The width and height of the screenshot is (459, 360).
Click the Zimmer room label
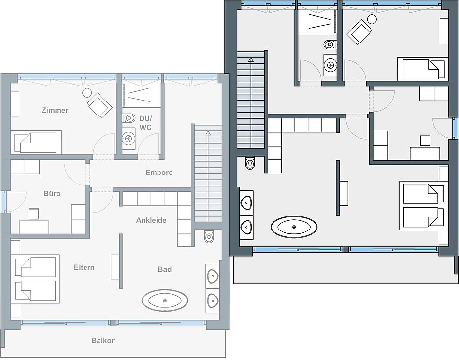55,110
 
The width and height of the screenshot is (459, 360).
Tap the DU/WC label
145,123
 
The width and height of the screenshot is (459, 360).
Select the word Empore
159,173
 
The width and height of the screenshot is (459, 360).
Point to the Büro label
52,193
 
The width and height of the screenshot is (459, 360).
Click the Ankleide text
151,220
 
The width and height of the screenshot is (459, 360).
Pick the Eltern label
84,267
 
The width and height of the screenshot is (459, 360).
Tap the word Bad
164,269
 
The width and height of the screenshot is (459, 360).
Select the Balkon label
103,340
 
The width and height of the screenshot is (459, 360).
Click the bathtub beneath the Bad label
165,300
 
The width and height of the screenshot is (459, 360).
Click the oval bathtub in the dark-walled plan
294,227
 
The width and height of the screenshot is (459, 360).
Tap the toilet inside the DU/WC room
129,118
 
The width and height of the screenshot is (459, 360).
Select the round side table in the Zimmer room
87,93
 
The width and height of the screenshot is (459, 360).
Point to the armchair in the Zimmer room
100,105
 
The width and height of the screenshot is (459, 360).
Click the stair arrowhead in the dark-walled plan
251,60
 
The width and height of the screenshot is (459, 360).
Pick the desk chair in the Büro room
34,214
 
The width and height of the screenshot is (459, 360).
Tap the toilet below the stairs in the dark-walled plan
250,163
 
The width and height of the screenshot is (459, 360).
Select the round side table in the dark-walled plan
372,19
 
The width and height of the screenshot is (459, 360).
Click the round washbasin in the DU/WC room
128,138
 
